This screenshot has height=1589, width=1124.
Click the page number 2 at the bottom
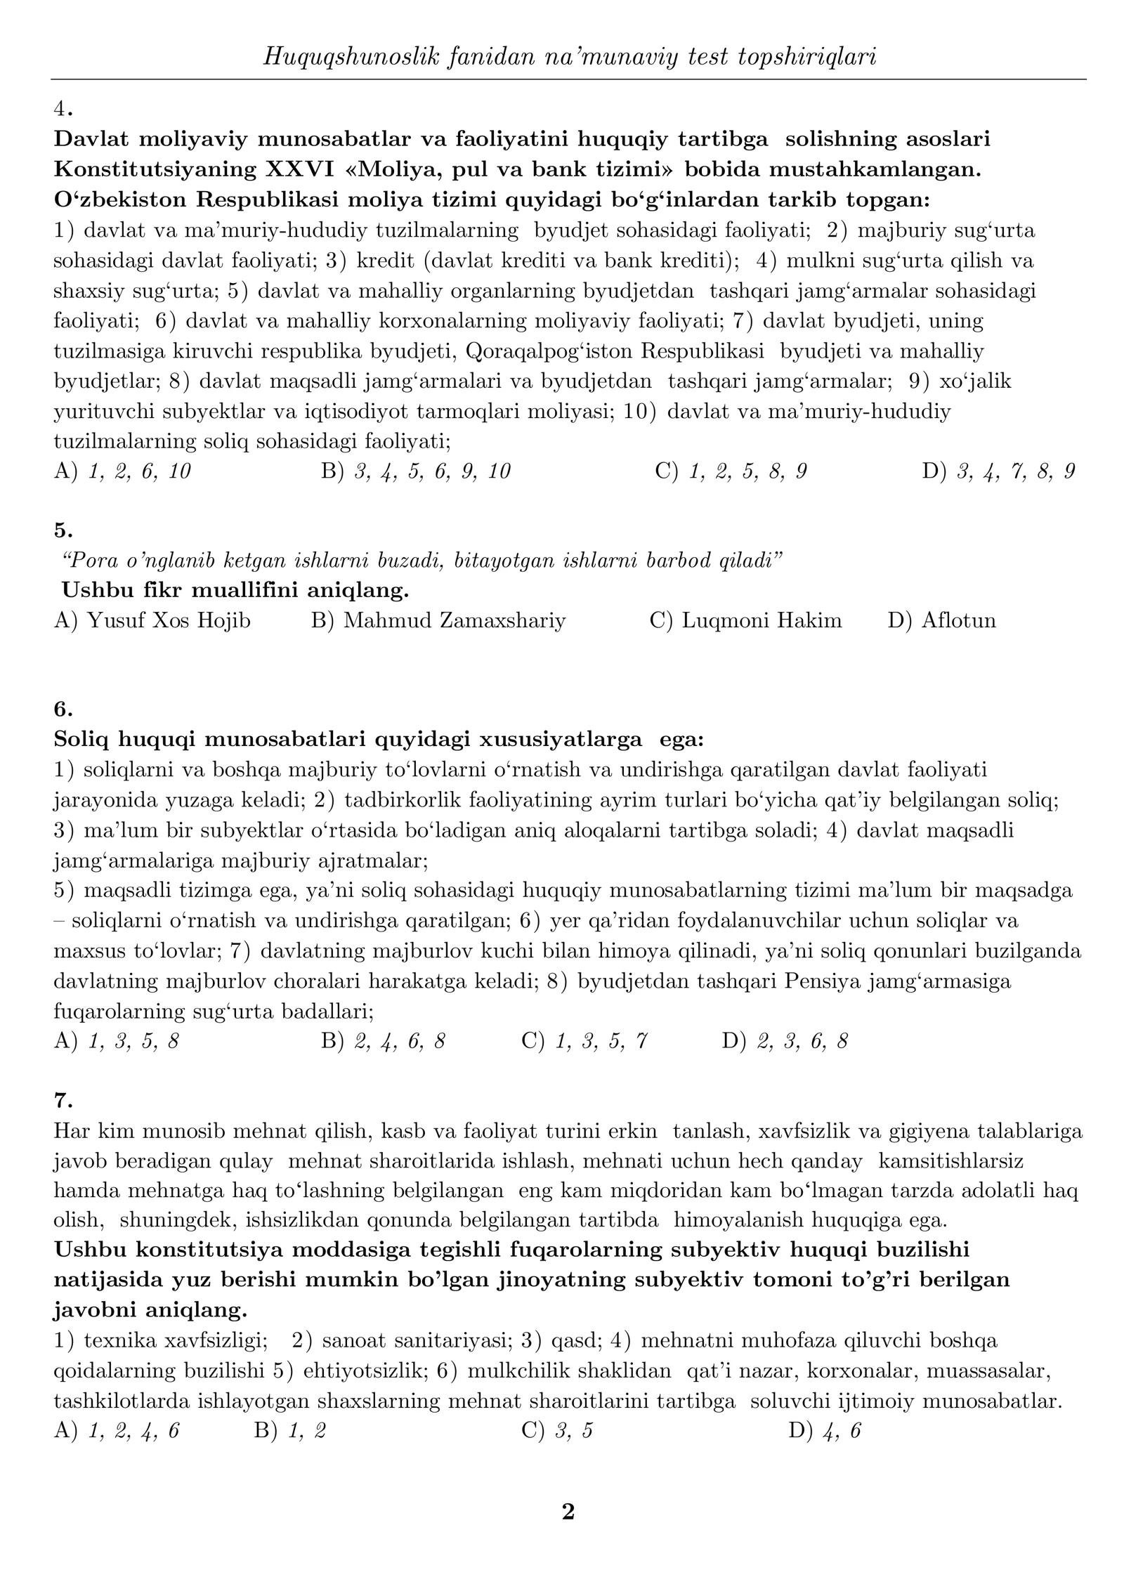coord(568,1511)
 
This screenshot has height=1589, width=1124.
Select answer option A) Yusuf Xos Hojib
coord(152,621)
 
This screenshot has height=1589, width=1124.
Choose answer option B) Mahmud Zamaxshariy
coord(438,621)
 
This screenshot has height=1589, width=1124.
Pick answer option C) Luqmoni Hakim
coord(745,621)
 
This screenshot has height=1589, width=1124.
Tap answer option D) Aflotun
coord(941,621)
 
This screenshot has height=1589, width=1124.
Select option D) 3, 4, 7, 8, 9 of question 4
coord(998,471)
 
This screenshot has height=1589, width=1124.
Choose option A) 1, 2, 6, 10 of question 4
coord(122,471)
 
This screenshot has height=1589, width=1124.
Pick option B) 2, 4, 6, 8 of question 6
coord(383,1041)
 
